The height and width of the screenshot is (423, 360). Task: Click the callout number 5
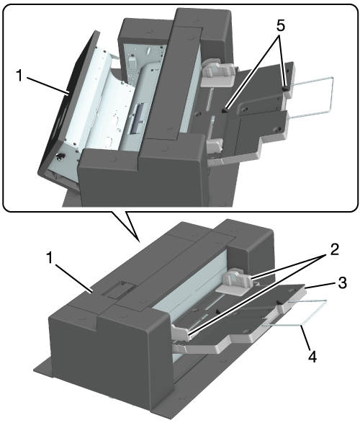(280, 26)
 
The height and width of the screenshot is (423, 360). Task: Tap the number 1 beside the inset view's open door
(19, 76)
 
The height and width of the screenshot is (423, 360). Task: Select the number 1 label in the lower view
(50, 257)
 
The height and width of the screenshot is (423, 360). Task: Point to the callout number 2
(333, 250)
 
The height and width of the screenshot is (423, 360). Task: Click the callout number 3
(342, 282)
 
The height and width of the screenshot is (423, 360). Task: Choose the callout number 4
(312, 357)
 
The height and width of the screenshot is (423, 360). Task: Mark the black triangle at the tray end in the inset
(285, 89)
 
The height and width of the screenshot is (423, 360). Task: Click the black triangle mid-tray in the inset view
(225, 110)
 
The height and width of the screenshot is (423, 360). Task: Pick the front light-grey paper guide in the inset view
(215, 146)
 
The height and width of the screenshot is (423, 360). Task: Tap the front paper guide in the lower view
(181, 331)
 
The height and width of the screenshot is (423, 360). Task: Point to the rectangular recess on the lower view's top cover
(121, 289)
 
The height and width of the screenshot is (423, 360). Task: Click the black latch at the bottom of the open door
(60, 156)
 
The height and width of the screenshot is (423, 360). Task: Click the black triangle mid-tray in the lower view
(218, 311)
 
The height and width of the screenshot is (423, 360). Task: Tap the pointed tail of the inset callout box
(139, 240)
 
